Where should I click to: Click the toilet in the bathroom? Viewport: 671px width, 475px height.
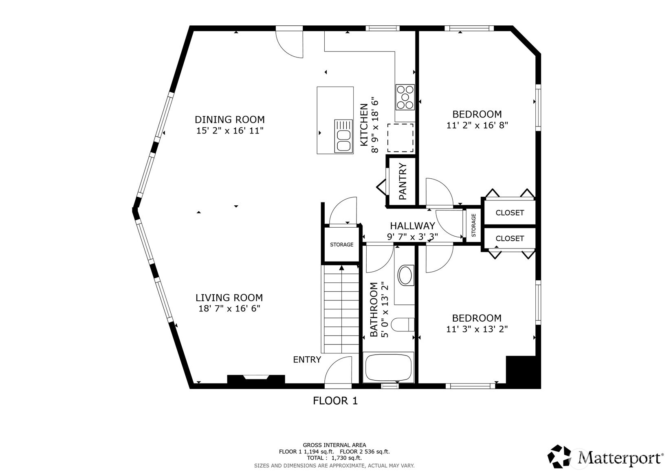tap(402, 325)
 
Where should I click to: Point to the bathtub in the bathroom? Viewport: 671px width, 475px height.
tap(388, 367)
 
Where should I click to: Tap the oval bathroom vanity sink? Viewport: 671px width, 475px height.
tap(405, 275)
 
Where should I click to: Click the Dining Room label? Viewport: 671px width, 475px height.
tap(229, 120)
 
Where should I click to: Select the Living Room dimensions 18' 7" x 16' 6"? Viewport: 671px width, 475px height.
tap(229, 309)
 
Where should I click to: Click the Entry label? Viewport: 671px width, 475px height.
tap(307, 360)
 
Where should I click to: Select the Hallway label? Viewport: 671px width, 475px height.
tap(412, 226)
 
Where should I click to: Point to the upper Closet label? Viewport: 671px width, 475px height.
tap(509, 213)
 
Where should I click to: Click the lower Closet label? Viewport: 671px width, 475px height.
tap(509, 238)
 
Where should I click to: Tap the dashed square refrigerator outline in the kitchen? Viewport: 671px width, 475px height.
tap(400, 138)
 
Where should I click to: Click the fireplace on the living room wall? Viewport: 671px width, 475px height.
tap(255, 379)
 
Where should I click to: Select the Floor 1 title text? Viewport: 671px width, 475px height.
tap(335, 401)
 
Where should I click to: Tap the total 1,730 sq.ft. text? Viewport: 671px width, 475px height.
tap(334, 458)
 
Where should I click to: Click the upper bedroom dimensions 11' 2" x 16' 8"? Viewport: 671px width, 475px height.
tap(477, 125)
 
